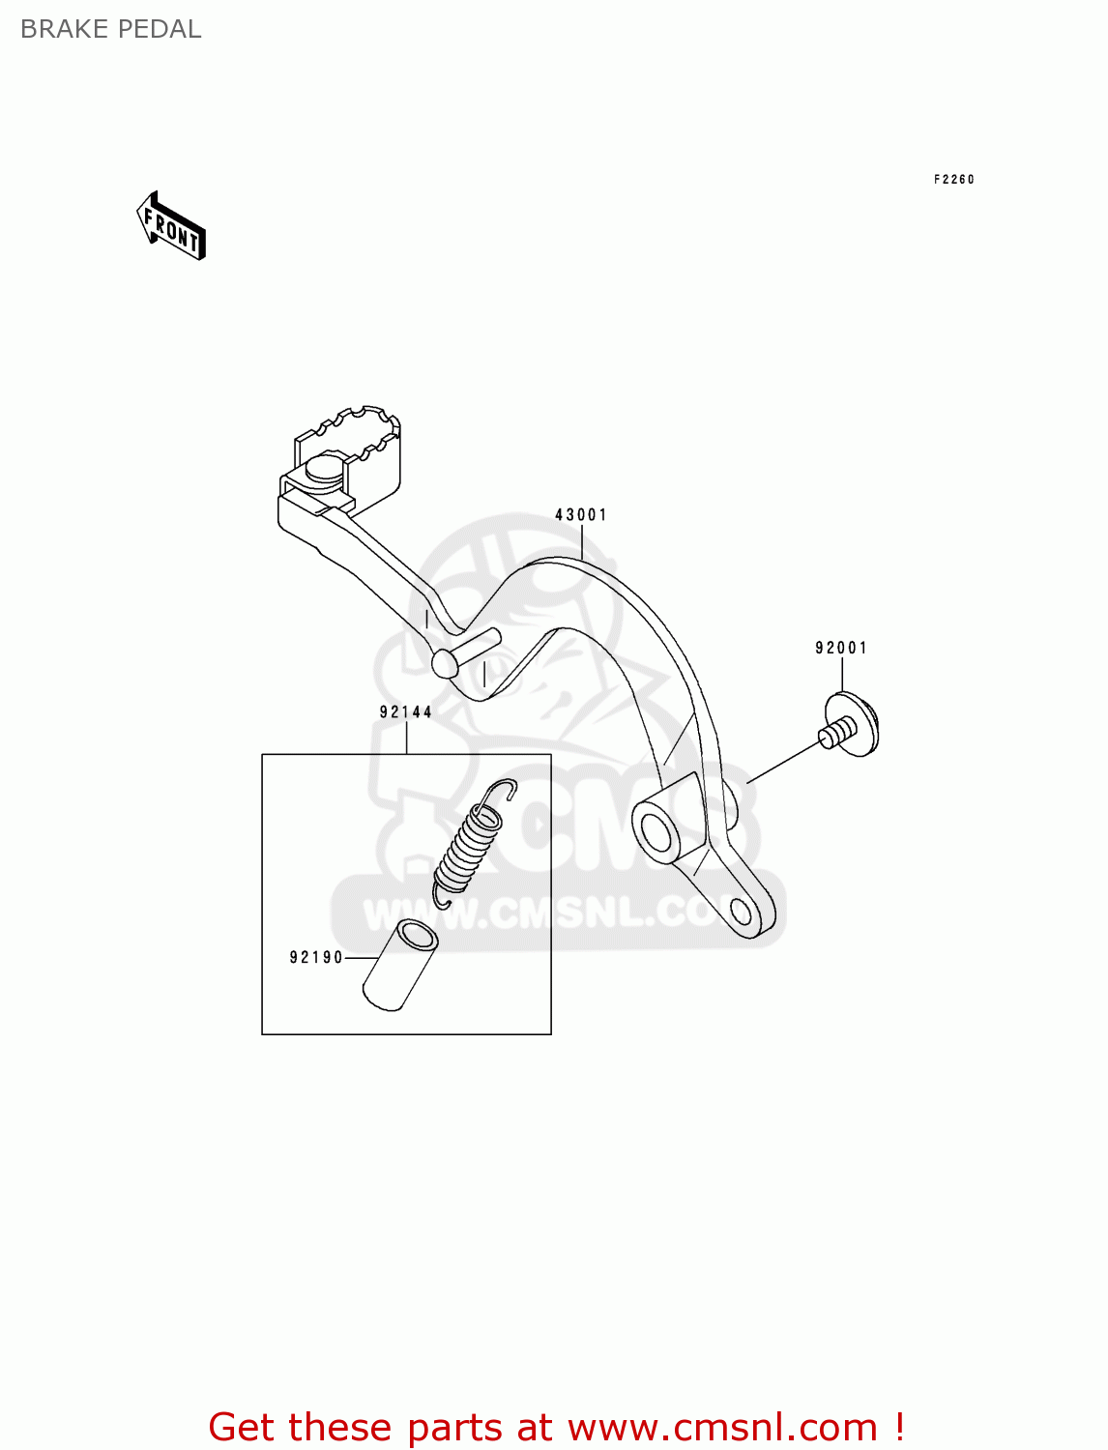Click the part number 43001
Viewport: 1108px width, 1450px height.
pyautogui.click(x=581, y=515)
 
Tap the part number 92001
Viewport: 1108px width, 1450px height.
pyautogui.click(x=841, y=648)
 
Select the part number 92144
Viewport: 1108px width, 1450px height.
pyautogui.click(x=406, y=712)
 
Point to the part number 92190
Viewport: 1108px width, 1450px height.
pyautogui.click(x=316, y=958)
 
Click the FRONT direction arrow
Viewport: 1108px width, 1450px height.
pyautogui.click(x=171, y=227)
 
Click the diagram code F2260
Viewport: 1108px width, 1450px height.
pyautogui.click(x=954, y=179)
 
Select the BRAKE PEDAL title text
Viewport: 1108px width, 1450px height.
pyautogui.click(x=111, y=29)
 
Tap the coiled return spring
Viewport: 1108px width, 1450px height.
pyautogui.click(x=470, y=847)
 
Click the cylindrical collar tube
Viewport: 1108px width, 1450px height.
pyautogui.click(x=399, y=967)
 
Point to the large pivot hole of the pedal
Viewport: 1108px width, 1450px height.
pyautogui.click(x=654, y=829)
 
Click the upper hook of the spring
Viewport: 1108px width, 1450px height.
pyautogui.click(x=502, y=790)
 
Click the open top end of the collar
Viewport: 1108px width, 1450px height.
pyautogui.click(x=419, y=936)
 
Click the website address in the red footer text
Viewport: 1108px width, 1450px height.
pyautogui.click(x=722, y=1427)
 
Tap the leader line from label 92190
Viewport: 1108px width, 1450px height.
pyautogui.click(x=363, y=958)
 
